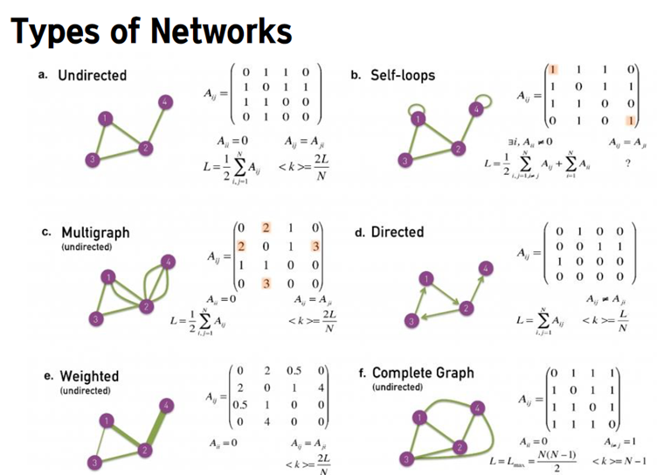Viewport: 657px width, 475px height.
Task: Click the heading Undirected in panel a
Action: (92, 75)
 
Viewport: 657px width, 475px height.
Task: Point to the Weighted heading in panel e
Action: (88, 376)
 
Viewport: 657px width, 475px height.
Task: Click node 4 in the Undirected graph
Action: (163, 103)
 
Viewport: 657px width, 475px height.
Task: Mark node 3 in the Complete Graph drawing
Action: (405, 461)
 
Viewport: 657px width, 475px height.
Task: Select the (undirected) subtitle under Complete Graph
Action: (398, 387)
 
